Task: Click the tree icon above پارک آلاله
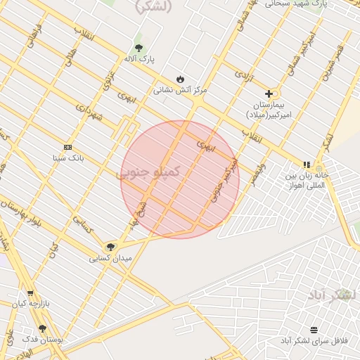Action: coord(139,48)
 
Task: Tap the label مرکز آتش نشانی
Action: coord(181,90)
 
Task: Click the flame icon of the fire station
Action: coord(181,79)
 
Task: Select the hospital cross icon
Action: coord(269,94)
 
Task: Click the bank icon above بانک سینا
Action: coord(67,147)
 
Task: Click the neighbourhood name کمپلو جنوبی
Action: coord(148,172)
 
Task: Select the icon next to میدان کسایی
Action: coord(110,247)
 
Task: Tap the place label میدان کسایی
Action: coord(110,258)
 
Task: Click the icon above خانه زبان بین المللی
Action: coord(307,165)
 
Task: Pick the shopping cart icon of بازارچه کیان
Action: coord(30,293)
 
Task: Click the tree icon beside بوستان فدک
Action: coord(42,328)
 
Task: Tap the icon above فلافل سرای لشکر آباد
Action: coord(313,330)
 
